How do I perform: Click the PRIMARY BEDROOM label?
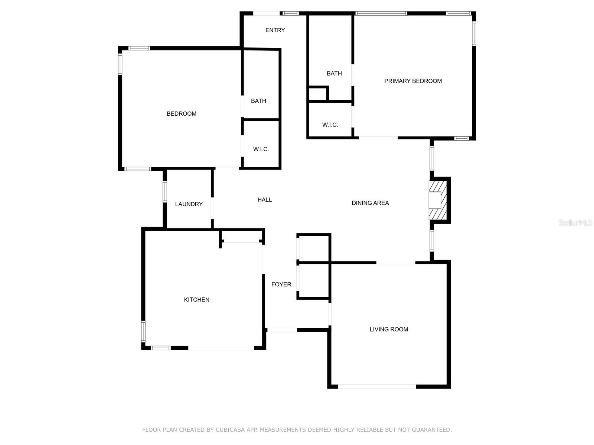coord(413,81)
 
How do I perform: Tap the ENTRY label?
coord(275,30)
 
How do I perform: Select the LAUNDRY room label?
coord(189,204)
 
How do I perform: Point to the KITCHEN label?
coord(196,300)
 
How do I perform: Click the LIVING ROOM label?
coord(389,329)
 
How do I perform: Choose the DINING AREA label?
coord(370,203)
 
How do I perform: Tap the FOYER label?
coord(281,284)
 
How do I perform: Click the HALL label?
coord(265,200)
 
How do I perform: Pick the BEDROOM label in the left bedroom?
coord(181,113)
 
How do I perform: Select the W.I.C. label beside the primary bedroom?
coord(330,125)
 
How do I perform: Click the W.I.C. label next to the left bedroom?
coord(261,149)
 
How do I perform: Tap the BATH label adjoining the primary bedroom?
coord(334,73)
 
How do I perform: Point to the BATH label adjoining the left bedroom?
coord(258,101)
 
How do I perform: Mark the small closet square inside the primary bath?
coord(318,94)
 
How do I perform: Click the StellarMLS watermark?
coord(575,222)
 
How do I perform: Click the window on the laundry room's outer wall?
coord(165,192)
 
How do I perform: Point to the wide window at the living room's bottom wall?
coord(377,386)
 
